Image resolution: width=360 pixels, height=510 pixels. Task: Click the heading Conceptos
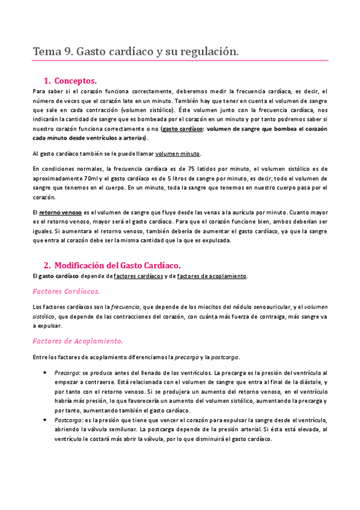(x=75, y=81)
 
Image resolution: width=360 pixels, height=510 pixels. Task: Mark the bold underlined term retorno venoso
(x=61, y=212)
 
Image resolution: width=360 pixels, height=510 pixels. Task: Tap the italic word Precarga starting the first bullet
(x=66, y=372)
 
